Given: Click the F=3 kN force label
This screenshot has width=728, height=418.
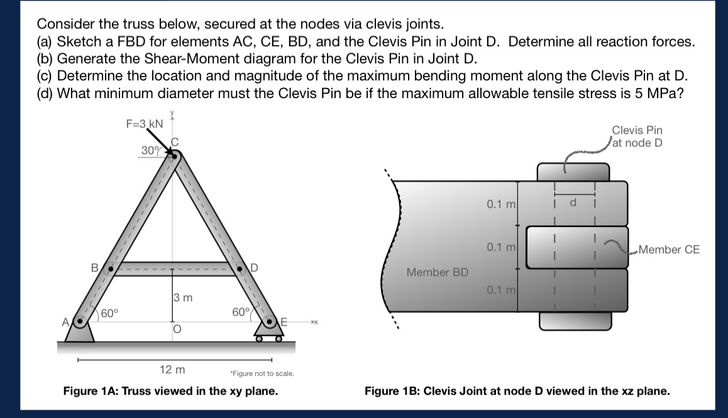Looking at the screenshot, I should point(144,124).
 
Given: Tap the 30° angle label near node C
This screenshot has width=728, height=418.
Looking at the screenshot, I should point(150,150).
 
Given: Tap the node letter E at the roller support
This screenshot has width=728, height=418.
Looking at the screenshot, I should point(284,322).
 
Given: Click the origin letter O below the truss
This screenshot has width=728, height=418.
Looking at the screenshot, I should point(176,330).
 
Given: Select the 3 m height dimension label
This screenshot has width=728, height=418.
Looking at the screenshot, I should point(182,296).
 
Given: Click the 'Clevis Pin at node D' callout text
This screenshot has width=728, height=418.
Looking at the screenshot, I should point(637,136).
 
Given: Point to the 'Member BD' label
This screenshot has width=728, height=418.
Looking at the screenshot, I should point(438,272).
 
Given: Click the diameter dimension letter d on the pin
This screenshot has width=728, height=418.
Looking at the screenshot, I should point(573,203).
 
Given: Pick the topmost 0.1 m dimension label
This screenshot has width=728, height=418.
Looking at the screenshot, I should point(501,204).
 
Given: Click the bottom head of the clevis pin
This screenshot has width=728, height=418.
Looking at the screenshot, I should point(574,321).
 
